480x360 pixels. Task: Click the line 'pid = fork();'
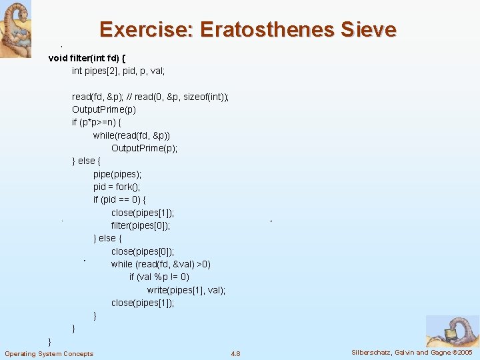[x=117, y=187]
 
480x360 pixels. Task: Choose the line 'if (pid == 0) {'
[x=120, y=199]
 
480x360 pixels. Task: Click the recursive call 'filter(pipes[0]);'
[x=141, y=225]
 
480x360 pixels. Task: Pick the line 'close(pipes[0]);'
[x=143, y=251]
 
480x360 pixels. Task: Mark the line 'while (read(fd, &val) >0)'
[x=161, y=264]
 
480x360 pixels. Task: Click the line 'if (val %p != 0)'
[x=159, y=277]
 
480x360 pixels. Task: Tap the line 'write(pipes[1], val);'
[x=186, y=290]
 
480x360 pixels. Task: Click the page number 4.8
[x=235, y=353]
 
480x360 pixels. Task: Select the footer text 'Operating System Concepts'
[x=49, y=353]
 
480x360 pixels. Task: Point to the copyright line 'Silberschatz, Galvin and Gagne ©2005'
[x=411, y=352]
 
